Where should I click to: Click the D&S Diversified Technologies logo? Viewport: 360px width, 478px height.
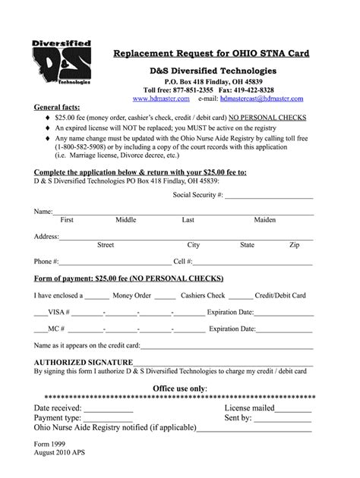coord(59,63)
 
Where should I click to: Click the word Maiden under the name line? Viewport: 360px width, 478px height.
coord(264,220)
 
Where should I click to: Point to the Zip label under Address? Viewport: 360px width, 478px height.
coord(294,245)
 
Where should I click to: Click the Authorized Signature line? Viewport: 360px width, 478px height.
coord(225,363)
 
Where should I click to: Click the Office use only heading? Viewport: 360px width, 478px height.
coord(179,388)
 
